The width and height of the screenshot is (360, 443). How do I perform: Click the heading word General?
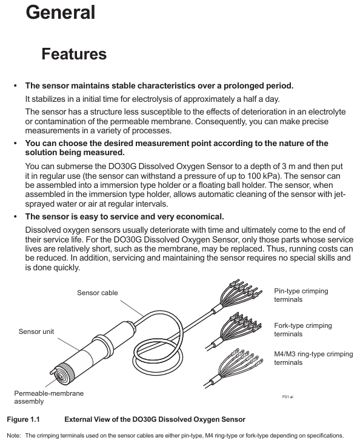coord(61,13)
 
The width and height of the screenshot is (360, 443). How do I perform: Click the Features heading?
coord(74,54)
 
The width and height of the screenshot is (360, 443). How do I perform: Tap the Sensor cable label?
coord(98,293)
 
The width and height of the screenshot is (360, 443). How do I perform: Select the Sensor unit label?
coord(36,331)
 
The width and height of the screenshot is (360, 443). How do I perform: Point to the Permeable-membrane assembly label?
coord(49,397)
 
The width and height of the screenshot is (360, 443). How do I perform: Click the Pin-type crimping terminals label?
coord(301,295)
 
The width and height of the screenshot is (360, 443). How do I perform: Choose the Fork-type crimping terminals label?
coord(303,330)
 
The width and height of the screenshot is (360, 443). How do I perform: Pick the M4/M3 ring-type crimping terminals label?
coord(314,358)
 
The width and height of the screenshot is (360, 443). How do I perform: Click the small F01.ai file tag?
coord(288,397)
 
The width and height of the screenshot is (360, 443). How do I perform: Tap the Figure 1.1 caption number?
coord(23,419)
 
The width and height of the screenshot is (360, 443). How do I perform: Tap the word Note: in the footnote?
coord(14,436)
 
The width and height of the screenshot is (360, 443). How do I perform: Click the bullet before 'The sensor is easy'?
coord(16,217)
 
